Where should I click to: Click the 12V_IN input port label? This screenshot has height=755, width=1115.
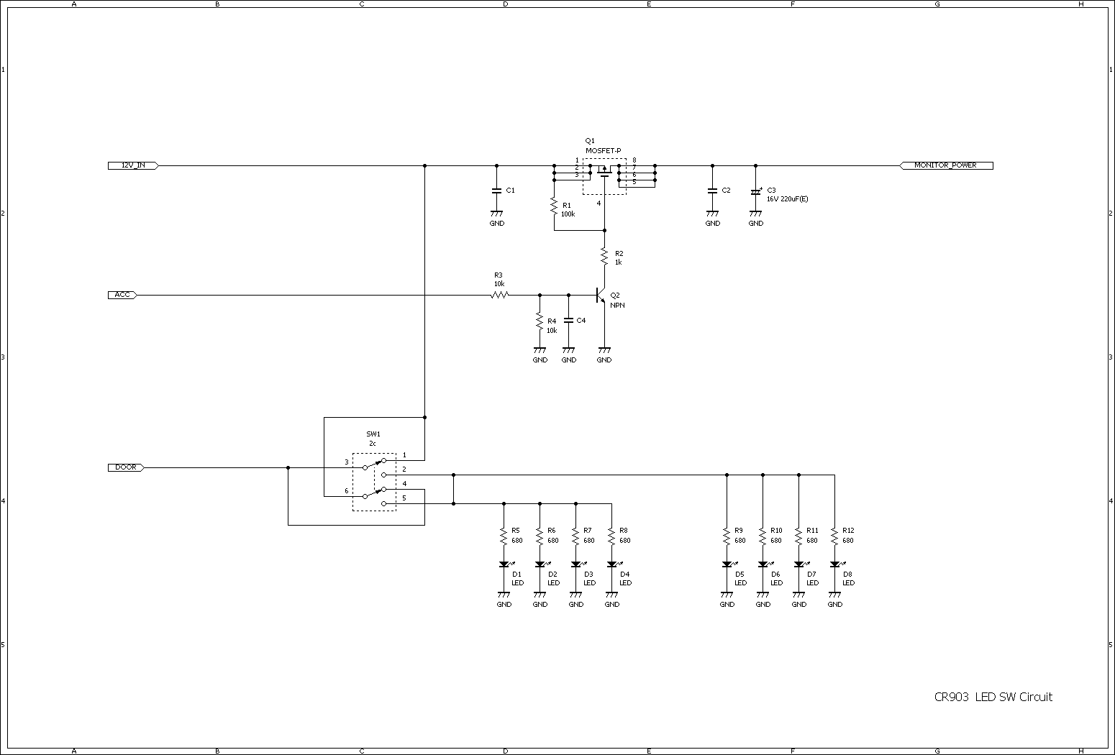coord(132,165)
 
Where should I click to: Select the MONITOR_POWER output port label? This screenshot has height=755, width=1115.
coord(946,165)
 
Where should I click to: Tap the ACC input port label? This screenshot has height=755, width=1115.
coord(122,295)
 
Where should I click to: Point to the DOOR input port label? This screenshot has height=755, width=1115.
coord(126,467)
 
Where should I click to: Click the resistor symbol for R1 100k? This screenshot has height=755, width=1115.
coord(554,207)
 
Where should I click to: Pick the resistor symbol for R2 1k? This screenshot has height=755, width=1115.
coord(604,255)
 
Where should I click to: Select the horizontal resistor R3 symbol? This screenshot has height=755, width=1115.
coord(500,295)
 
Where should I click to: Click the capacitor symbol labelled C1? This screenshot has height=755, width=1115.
coord(496,191)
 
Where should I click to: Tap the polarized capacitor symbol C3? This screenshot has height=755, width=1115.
coord(755,192)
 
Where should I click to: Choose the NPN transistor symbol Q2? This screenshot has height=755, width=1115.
coord(601,296)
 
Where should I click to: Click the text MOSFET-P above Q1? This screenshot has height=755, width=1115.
coord(603,150)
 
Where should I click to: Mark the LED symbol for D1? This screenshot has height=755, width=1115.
coord(504,565)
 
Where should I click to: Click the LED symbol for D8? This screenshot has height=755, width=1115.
coord(834,565)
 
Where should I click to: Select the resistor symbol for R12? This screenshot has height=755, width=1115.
coord(834,536)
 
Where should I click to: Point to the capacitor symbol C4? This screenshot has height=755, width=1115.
coord(568,320)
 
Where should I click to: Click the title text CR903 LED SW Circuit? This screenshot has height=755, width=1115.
coord(993,697)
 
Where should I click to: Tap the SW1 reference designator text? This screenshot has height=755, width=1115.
coord(373,434)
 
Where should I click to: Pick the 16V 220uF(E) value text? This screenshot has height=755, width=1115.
coord(787,199)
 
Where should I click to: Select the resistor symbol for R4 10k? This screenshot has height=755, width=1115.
coord(540,321)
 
